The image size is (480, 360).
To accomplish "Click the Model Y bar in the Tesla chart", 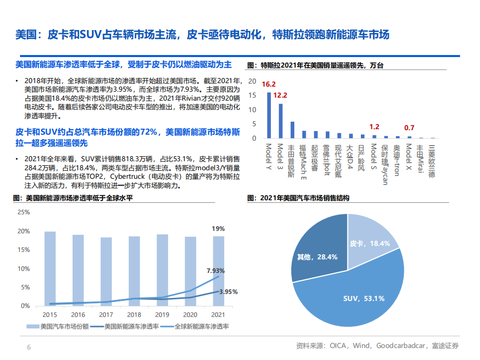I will tap(269, 115).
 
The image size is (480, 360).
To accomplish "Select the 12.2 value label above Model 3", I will tap(280, 95).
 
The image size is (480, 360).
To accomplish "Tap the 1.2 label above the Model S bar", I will tap(374, 127).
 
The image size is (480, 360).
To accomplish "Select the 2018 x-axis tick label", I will tap(134, 315).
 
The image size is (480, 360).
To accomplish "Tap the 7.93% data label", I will tap(216, 270).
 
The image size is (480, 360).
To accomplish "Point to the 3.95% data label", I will tap(228, 291).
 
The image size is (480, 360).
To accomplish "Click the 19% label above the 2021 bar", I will tap(218, 228).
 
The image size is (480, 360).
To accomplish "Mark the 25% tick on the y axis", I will tap(24, 212).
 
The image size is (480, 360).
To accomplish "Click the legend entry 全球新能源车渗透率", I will tap(201, 326).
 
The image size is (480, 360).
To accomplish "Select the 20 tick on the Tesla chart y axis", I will tap(253, 81).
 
